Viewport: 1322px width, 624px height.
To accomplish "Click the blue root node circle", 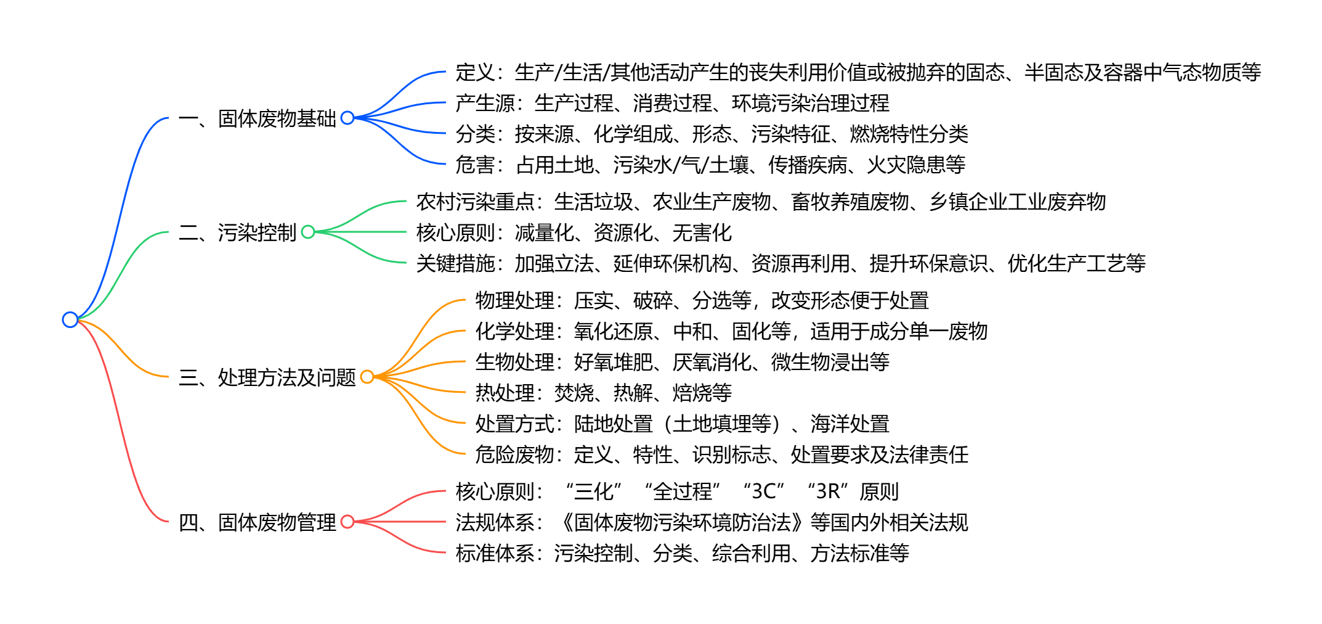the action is click(70, 319).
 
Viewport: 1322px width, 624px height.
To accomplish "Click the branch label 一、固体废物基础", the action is click(258, 118).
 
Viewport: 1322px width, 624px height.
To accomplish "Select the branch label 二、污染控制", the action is click(238, 232).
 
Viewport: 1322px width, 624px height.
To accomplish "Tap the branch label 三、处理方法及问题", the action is click(267, 377).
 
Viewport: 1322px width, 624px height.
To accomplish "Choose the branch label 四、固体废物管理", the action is click(258, 522).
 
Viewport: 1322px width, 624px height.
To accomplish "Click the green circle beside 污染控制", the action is click(308, 232).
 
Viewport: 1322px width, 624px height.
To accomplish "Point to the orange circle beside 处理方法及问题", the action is click(367, 377).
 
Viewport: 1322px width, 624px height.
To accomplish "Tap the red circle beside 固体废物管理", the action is click(347, 522).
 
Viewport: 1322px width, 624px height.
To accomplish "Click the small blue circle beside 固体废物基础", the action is click(347, 117).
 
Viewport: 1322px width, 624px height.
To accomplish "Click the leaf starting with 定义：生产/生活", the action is click(858, 72).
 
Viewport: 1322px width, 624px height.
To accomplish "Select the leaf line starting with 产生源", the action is click(672, 103).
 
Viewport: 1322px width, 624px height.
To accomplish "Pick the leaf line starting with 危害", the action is click(710, 165).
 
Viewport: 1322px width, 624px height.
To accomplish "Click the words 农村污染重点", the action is click(476, 202).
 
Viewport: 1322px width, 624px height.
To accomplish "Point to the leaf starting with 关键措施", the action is click(781, 263).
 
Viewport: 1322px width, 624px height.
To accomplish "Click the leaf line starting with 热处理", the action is click(603, 393).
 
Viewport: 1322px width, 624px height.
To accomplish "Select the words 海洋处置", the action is click(850, 424).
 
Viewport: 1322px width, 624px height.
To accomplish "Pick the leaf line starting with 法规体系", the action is click(712, 522).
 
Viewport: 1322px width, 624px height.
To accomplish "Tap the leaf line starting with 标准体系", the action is click(682, 553).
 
